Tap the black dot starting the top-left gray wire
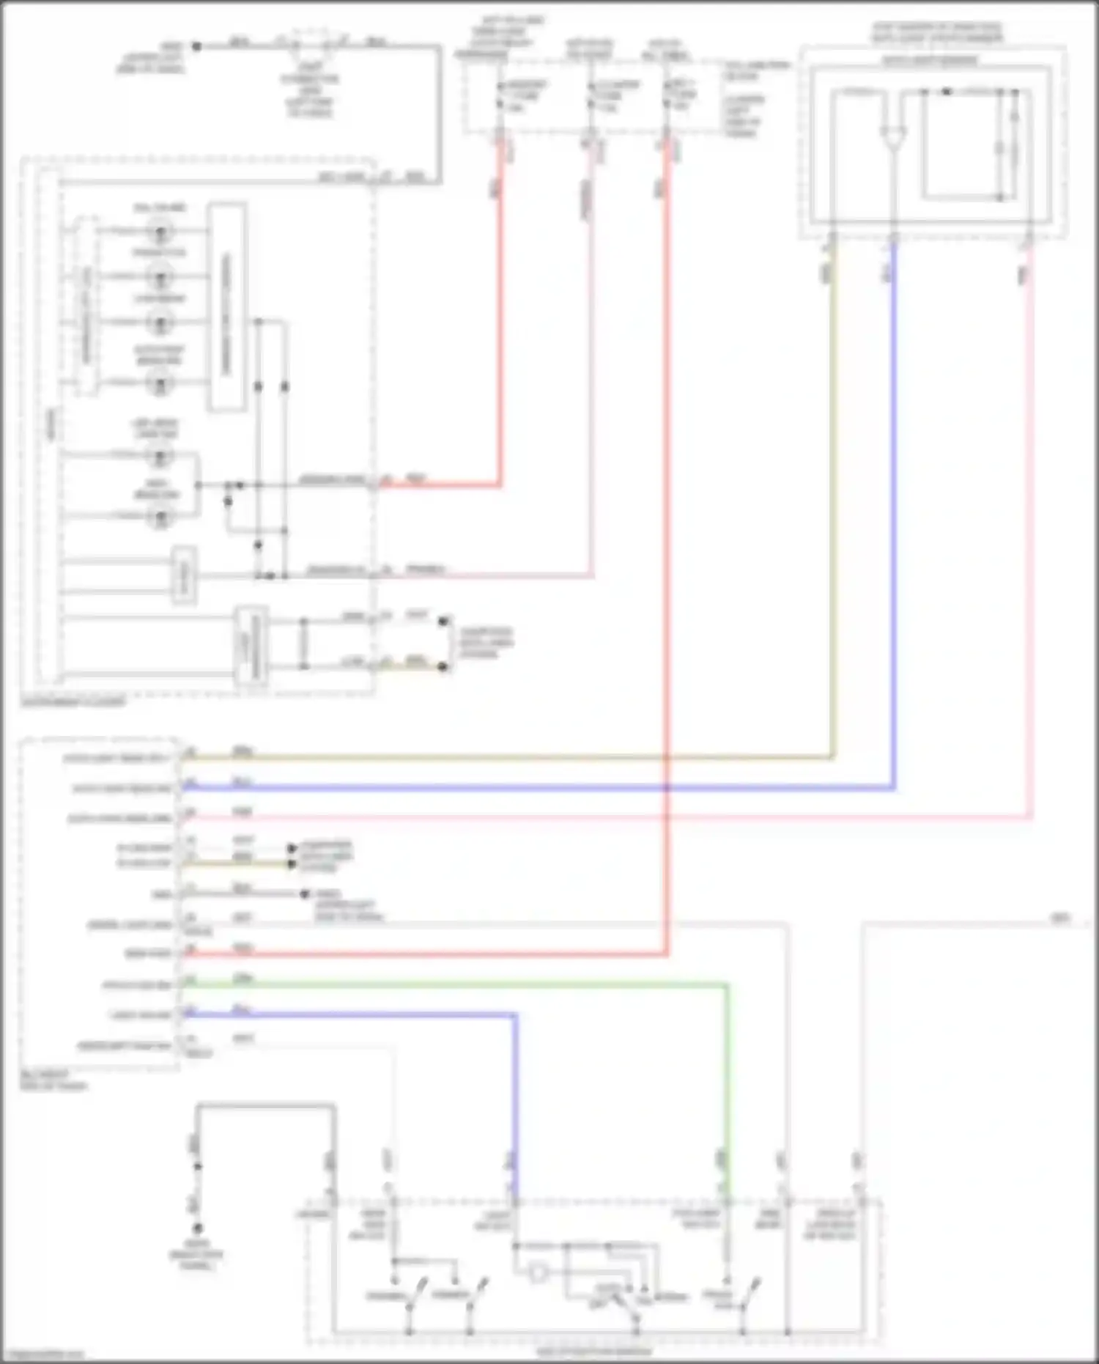click(x=196, y=46)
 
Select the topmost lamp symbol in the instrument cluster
click(x=160, y=232)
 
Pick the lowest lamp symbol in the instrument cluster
click(x=160, y=517)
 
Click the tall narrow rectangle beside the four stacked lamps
click(x=226, y=306)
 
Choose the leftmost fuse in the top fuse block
click(x=500, y=96)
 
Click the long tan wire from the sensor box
click(x=513, y=757)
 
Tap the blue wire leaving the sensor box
click(x=893, y=513)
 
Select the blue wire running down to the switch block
click(x=515, y=1099)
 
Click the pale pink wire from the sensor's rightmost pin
click(x=1031, y=513)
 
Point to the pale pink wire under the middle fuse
click(x=591, y=366)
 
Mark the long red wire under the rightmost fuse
click(x=667, y=513)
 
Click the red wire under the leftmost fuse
click(x=500, y=330)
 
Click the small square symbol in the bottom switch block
click(x=538, y=1273)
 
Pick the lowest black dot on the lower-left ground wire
click(x=197, y=1228)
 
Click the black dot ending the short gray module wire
click(x=306, y=893)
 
